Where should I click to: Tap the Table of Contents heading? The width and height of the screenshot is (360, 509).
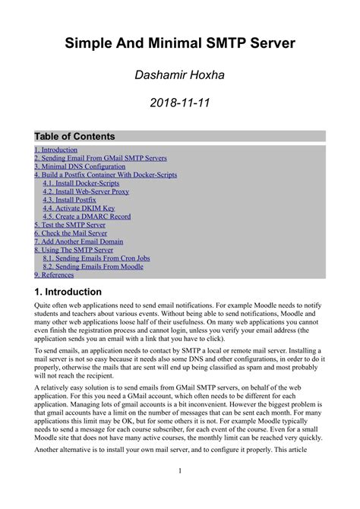[74, 137]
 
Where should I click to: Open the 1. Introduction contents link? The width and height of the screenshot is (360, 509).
[55, 150]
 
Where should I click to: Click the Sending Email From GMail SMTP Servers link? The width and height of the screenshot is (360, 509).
[100, 159]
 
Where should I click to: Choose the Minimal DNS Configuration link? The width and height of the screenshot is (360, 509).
[80, 167]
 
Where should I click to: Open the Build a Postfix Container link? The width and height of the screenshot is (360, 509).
[106, 175]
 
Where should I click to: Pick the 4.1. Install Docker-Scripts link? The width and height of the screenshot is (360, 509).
[81, 184]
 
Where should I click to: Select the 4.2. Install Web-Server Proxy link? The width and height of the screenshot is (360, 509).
[86, 192]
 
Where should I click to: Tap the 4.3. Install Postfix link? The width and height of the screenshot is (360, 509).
[69, 201]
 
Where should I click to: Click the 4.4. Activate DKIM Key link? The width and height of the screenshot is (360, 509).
[78, 209]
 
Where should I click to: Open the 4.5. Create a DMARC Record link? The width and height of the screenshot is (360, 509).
[87, 217]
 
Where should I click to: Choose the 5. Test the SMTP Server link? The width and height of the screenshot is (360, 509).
[70, 226]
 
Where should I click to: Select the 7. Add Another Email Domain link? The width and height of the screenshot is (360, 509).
[78, 242]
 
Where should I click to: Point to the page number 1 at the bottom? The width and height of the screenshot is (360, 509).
[180, 492]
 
